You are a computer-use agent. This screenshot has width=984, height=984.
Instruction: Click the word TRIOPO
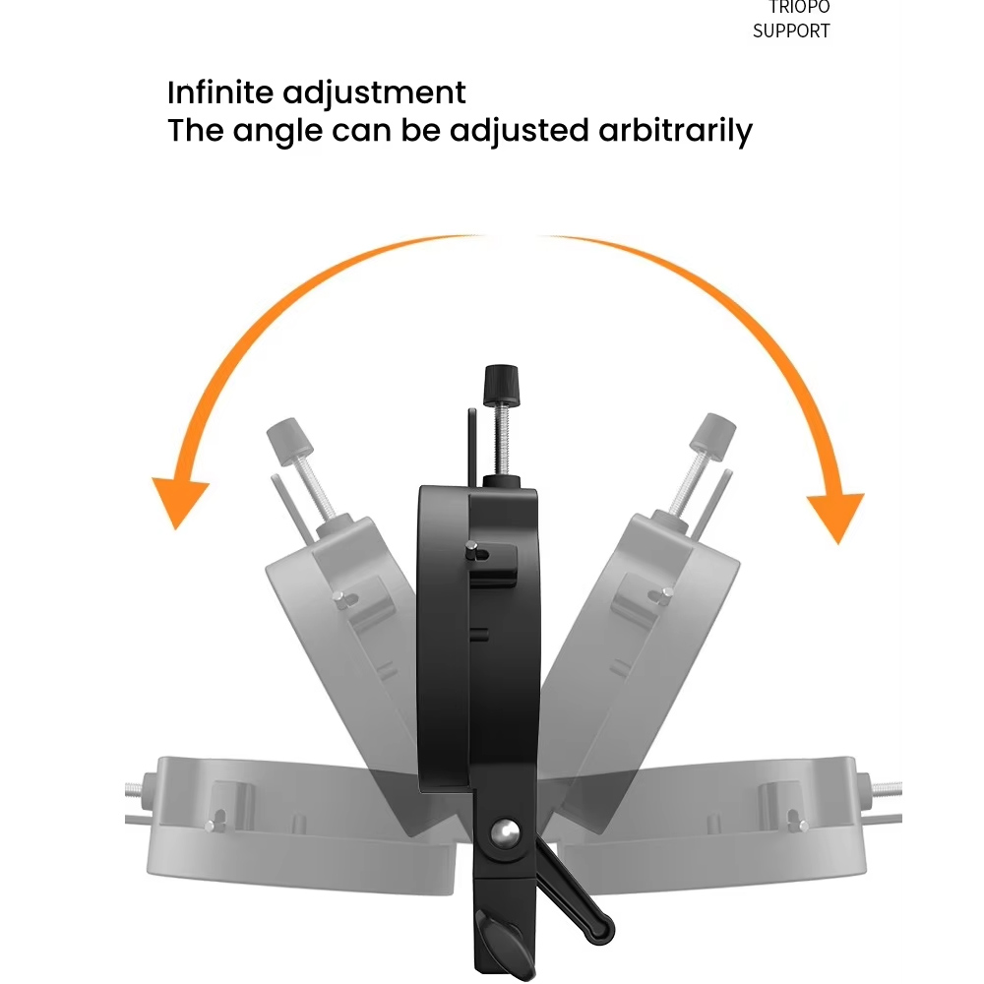[x=799, y=7]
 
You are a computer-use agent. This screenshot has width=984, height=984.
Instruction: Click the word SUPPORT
[x=791, y=31]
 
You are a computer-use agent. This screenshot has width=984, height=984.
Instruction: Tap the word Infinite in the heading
[x=220, y=92]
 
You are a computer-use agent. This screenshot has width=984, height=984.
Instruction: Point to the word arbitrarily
[x=675, y=132]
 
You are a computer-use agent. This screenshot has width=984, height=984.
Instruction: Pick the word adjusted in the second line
[x=519, y=132]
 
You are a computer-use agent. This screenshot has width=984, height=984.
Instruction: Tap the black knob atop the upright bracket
[x=501, y=386]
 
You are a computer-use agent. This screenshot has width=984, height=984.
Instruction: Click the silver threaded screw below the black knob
[x=501, y=442]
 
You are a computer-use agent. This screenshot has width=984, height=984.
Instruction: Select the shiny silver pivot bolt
[x=505, y=832]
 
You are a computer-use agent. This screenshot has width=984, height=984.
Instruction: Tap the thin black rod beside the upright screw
[x=472, y=448]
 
